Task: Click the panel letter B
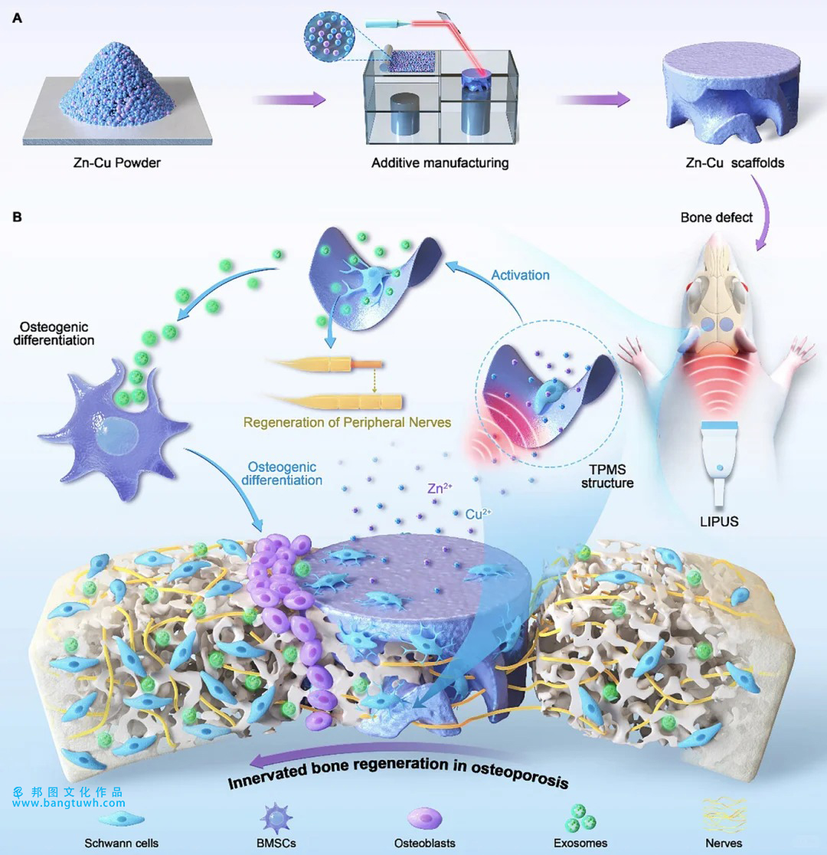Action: pos(16,218)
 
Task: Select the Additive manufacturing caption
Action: pos(440,163)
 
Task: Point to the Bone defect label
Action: pos(716,218)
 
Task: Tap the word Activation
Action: pos(520,275)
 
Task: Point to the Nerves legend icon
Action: pos(724,817)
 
